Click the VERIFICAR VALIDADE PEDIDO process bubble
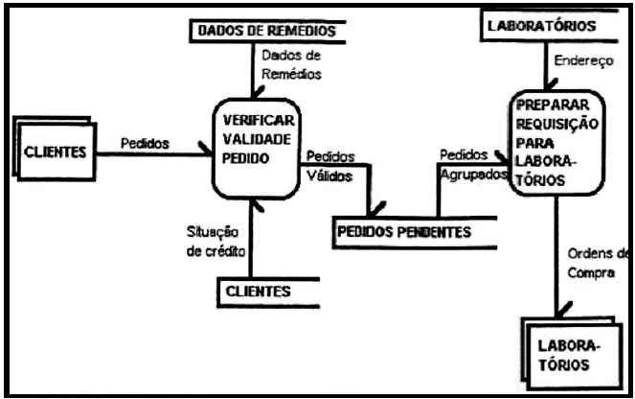(256, 149)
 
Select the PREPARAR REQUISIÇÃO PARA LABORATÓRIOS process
(556, 144)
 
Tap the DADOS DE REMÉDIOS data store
(267, 32)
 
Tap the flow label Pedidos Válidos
(329, 166)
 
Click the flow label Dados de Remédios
(291, 64)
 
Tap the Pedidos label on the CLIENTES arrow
(145, 142)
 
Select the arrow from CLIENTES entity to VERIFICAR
(153, 153)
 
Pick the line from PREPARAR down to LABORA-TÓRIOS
(557, 259)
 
